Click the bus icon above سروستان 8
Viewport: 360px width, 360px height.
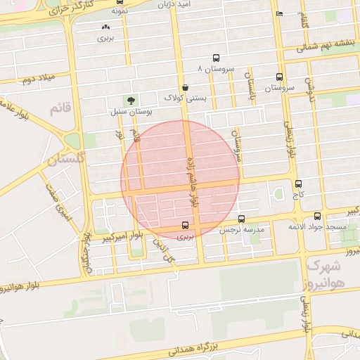point(216,59)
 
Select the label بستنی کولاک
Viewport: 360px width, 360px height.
point(186,98)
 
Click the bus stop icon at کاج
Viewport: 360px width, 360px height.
point(299,183)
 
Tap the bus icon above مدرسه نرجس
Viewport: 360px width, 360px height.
point(242,219)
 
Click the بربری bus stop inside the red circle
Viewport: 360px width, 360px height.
point(185,226)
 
